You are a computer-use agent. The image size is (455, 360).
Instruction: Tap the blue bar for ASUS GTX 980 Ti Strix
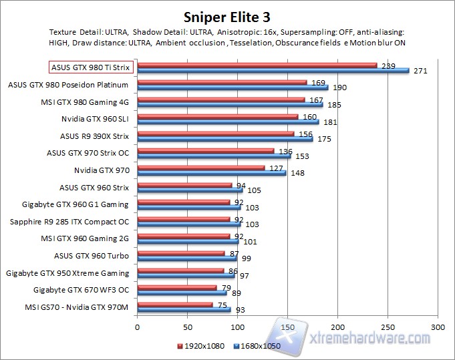273,69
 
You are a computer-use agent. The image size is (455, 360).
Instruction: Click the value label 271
421,70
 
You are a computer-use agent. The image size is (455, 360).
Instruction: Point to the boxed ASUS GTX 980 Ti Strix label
92,67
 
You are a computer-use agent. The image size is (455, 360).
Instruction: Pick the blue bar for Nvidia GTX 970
212,173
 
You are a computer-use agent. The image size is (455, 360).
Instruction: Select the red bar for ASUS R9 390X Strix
216,134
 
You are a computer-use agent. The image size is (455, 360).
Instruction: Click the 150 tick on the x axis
287,328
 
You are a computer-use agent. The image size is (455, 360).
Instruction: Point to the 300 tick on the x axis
438,328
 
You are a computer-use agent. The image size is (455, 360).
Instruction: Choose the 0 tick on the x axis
138,328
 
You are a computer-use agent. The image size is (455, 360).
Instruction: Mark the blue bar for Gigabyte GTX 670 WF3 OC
182,293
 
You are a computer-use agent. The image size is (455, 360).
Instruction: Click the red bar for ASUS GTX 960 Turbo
181,253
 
